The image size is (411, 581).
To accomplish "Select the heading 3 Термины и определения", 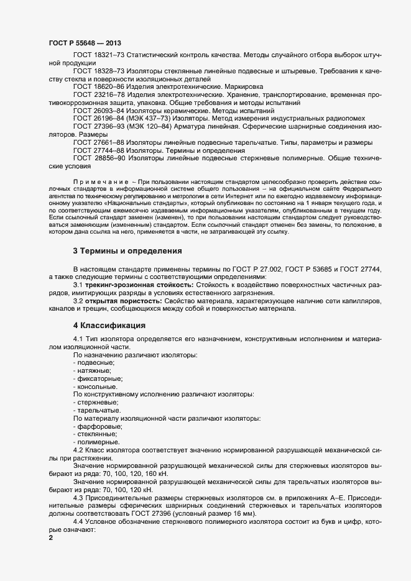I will click(127, 250).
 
